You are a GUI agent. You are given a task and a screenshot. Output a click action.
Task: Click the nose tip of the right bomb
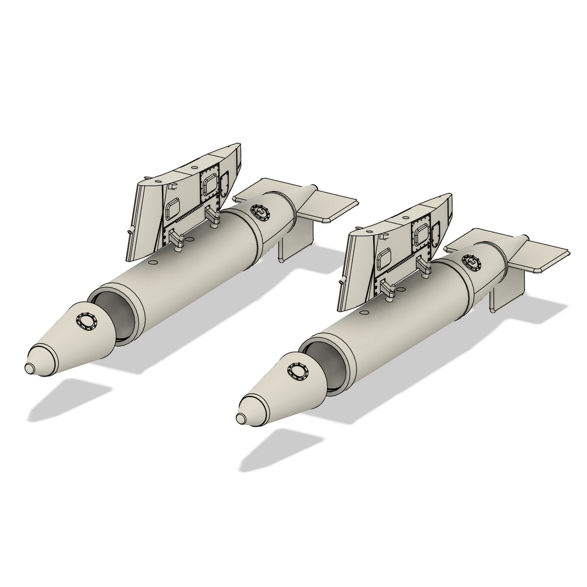[241, 418]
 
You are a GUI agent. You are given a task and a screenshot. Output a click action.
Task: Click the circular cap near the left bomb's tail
[259, 211]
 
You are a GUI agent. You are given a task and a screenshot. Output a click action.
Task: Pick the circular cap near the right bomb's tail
[471, 262]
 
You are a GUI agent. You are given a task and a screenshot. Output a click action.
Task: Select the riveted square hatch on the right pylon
[421, 233]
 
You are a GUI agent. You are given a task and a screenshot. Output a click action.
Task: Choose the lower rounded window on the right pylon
[384, 259]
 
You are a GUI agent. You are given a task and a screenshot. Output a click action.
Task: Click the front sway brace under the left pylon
[176, 240]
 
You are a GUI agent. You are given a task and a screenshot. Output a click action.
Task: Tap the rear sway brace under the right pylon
[425, 267]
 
